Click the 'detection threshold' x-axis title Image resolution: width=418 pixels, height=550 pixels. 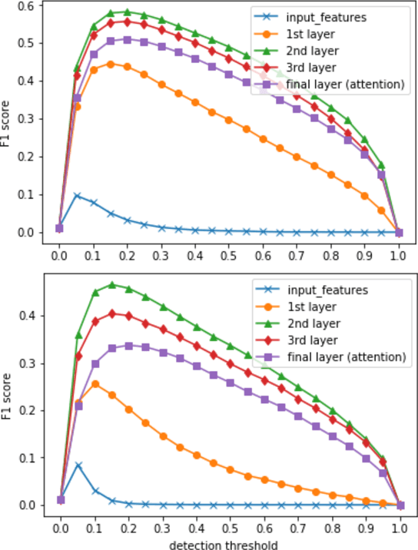click(x=228, y=543)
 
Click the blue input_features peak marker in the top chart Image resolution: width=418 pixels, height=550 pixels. click(x=77, y=195)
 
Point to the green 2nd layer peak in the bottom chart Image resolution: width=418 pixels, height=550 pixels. click(x=111, y=285)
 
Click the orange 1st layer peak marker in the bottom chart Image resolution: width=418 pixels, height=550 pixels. click(x=94, y=384)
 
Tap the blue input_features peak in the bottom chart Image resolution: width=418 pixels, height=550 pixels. click(x=77, y=466)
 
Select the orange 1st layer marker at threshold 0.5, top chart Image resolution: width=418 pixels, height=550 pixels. click(x=229, y=120)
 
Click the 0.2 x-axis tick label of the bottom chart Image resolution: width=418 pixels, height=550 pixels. click(x=128, y=529)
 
